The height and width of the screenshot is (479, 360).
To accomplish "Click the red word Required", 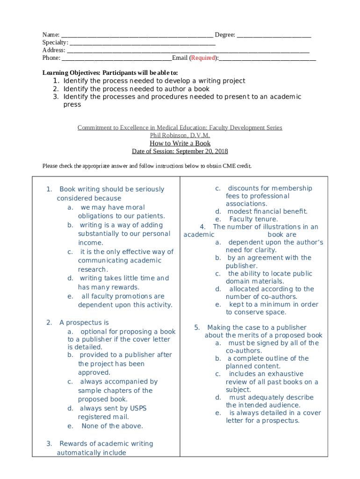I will click(x=203, y=58).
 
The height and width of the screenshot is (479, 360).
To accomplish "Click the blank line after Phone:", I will click(x=116, y=59).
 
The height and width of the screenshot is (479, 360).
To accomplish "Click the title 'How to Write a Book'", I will click(x=180, y=144).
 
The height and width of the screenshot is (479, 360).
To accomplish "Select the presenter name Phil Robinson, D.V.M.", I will click(x=180, y=136).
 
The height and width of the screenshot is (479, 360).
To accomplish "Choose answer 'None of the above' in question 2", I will click(x=112, y=426).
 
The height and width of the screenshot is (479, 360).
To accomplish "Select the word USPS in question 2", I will click(x=138, y=408).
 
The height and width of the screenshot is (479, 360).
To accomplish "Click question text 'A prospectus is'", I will click(x=84, y=323).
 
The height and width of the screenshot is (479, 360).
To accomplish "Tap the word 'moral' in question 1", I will click(x=136, y=207).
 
